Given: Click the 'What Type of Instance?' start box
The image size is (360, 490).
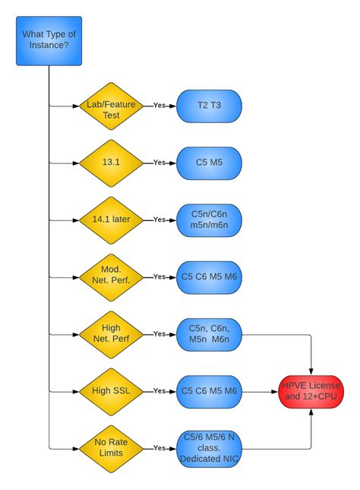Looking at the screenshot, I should (x=49, y=40).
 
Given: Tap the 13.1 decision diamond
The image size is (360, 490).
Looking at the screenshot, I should (x=111, y=163).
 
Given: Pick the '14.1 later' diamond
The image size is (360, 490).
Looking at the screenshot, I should (x=111, y=220).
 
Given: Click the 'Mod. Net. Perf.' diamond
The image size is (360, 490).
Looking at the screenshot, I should (x=111, y=277).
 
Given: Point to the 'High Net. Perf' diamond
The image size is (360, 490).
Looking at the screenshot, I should (x=111, y=334).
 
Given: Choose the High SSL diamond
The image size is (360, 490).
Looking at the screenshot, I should (x=111, y=391).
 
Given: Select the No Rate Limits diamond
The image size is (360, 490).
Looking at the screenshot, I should (x=111, y=447).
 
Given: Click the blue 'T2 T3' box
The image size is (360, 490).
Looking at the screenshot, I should (x=209, y=106).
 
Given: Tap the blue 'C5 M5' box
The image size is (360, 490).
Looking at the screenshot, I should (x=209, y=163).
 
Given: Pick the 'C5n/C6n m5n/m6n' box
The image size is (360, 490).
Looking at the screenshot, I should (x=209, y=220).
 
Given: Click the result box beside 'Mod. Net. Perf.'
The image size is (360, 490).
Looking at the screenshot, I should (x=209, y=277).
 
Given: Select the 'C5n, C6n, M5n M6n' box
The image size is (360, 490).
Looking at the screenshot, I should (x=209, y=334).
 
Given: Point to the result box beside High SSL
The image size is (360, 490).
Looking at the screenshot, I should (x=209, y=391).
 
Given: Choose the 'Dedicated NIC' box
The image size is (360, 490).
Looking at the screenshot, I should (x=209, y=447).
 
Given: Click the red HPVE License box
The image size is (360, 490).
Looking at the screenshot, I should (x=311, y=391).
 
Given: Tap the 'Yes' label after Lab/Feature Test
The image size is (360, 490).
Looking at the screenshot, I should (x=159, y=106).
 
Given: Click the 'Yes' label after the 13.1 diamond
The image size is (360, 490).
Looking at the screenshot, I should (x=159, y=163).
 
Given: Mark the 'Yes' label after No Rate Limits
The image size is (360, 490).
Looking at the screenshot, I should (x=159, y=447).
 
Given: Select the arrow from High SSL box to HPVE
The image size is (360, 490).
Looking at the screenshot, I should (x=260, y=391).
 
